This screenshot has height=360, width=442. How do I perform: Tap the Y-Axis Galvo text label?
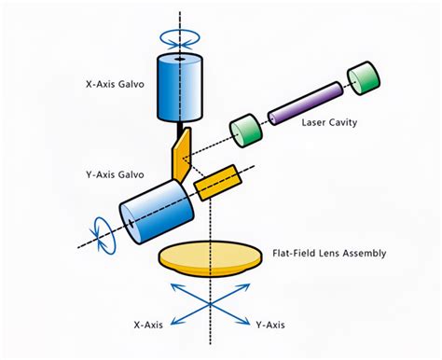point(114,173)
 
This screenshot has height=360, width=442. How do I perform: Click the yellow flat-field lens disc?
point(210,255)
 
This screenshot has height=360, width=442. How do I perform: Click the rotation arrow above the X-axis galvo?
point(177,39)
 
